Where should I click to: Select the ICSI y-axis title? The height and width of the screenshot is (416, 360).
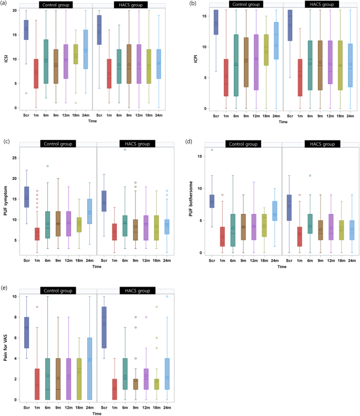click(x=6, y=58)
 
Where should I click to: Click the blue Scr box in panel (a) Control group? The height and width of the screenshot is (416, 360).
click(x=26, y=30)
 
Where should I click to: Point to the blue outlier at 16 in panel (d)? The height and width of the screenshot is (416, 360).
click(x=212, y=150)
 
